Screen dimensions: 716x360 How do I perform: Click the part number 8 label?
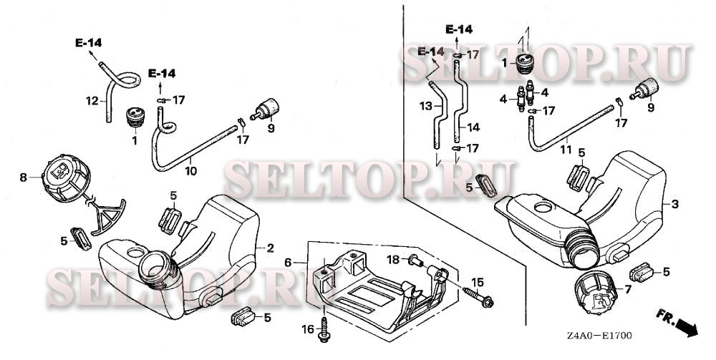[24, 177]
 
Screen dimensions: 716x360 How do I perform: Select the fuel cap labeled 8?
[66, 178]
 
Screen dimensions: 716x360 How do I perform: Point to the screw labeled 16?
[324, 331]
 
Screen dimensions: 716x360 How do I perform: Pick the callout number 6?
[288, 263]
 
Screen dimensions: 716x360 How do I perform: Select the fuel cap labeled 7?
[594, 293]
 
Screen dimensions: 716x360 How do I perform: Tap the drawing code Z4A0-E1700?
[599, 336]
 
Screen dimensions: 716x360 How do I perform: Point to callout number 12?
[92, 100]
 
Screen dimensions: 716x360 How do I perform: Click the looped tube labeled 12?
[117, 89]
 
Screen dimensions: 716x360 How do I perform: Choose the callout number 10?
[191, 171]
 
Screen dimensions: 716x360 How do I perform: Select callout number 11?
[566, 150]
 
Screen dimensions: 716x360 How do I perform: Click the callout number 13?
[426, 106]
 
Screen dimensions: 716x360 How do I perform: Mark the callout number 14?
[473, 127]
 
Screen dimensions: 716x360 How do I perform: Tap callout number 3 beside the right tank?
[674, 204]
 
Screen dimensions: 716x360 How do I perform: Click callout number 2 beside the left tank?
[271, 248]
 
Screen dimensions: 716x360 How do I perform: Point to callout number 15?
[478, 283]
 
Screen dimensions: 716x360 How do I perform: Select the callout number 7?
[628, 289]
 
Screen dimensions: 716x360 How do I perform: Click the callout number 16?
[308, 329]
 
